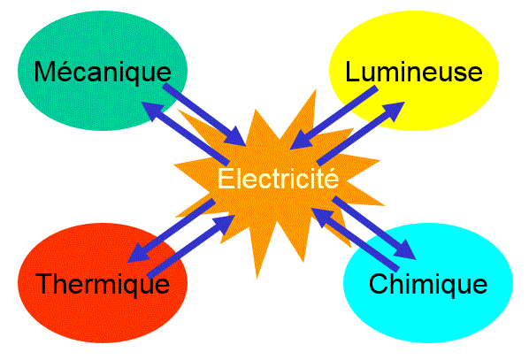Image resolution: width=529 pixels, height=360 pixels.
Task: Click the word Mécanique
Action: (103, 72)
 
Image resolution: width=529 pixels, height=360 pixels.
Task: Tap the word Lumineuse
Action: (414, 71)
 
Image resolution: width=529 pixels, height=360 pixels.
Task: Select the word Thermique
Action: (103, 284)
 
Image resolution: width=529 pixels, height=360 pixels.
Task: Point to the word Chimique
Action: (428, 284)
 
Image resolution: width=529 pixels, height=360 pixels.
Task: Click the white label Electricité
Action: (278, 178)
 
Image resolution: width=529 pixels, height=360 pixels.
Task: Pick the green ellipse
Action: (103, 71)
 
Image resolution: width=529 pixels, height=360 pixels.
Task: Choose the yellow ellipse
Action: (414, 71)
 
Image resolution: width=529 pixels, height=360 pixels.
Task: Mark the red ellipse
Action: (103, 283)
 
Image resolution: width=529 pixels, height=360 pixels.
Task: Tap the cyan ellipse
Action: (428, 283)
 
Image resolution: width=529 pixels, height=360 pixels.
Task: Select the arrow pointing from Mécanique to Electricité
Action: (204, 115)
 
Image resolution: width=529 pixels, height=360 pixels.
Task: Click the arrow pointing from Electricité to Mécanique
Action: (185, 132)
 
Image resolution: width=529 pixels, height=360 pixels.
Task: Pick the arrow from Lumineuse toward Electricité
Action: (334, 118)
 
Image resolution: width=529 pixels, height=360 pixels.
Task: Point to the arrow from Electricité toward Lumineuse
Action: (361, 134)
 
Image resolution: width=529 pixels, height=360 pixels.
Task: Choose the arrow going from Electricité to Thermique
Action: (172, 231)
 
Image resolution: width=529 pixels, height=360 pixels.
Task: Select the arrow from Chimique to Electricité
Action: (356, 240)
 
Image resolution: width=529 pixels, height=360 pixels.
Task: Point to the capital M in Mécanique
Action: (44, 71)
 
